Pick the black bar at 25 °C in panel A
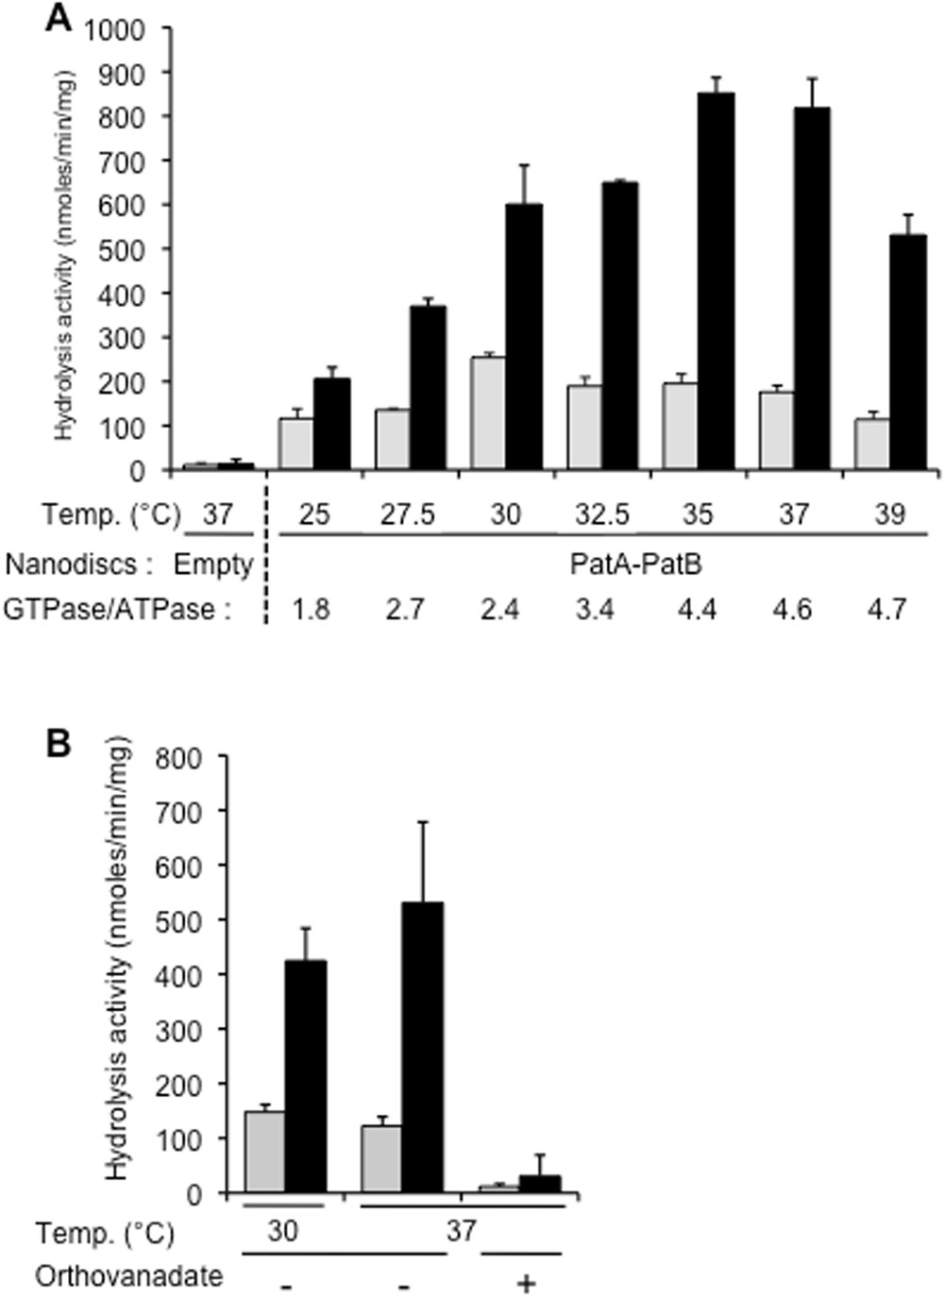[331, 424]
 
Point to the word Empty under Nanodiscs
[213, 565]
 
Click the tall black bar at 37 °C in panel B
[424, 1047]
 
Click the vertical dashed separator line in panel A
[266, 557]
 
